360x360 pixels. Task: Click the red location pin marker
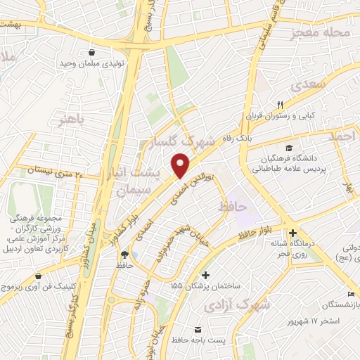(x=181, y=166)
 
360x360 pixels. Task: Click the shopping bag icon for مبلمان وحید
(x=92, y=51)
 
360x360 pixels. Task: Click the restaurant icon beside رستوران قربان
(x=279, y=103)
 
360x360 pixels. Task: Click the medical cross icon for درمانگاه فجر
(x=293, y=233)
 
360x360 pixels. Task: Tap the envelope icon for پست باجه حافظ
(x=197, y=330)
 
